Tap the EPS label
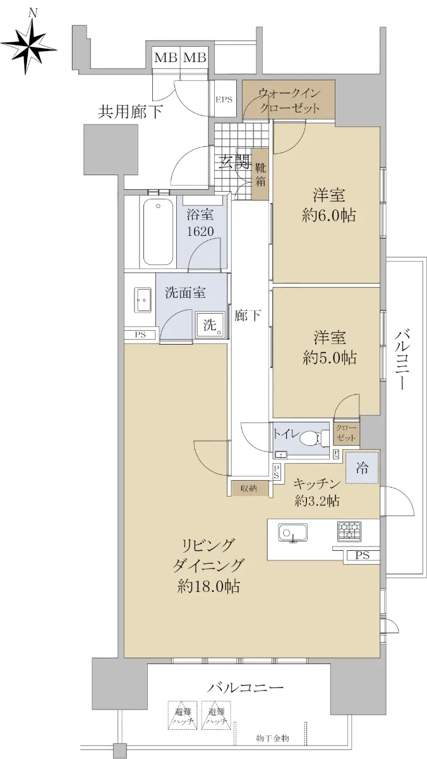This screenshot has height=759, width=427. [x=224, y=99]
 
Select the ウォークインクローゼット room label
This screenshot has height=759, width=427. [x=289, y=101]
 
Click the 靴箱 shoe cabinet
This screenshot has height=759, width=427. [x=260, y=174]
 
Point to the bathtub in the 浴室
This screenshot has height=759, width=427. [x=158, y=233]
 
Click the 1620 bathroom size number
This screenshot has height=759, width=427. [x=200, y=231]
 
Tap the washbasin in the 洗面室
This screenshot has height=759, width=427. [x=144, y=300]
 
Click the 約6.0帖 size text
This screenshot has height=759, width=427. [x=328, y=216]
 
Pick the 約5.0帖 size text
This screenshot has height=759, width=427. [x=329, y=358]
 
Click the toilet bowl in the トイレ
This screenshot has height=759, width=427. [x=314, y=438]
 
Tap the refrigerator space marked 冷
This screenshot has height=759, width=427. [x=361, y=468]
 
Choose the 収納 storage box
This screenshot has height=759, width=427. [x=249, y=488]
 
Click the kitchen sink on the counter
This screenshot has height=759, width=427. [x=292, y=533]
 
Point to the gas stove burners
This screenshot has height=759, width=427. [x=349, y=531]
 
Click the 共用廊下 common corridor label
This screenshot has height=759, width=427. [x=130, y=111]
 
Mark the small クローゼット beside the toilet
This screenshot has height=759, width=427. [x=346, y=433]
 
